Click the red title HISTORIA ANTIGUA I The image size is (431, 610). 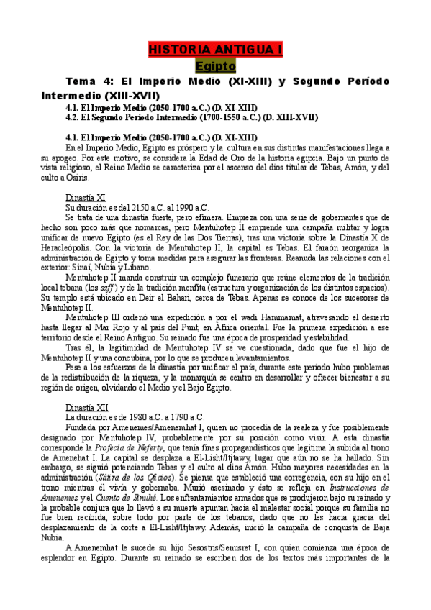pyautogui.click(x=215, y=50)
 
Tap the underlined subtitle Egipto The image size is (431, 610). pyautogui.click(x=215, y=66)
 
